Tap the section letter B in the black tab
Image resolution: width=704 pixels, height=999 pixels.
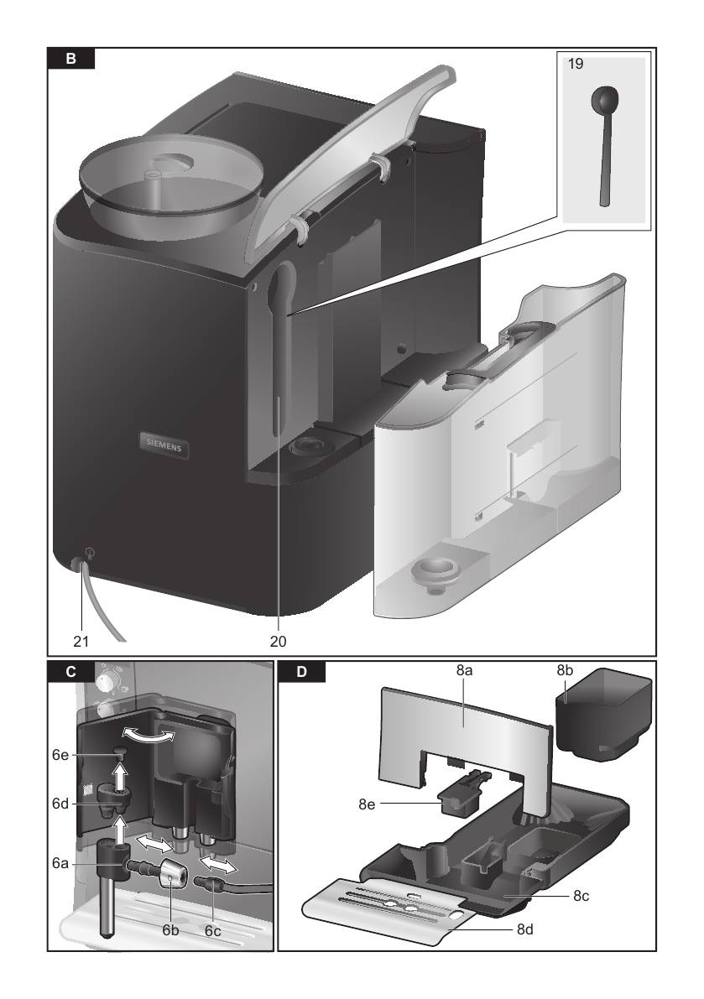70,59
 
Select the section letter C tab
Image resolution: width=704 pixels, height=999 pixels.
70,672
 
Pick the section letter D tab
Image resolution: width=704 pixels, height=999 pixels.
302,672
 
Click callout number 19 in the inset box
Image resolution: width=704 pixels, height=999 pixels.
576,64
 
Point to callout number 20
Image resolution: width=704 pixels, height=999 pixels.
279,641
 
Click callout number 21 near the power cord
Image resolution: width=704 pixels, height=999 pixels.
81,641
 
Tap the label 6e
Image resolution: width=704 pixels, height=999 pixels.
60,755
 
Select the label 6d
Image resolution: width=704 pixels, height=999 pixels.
60,804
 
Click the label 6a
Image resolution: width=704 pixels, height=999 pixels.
60,864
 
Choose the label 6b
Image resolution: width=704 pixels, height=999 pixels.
170,930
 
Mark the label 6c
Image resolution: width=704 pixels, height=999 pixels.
213,931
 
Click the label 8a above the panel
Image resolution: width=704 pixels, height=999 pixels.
464,670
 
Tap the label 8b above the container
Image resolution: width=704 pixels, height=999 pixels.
565,670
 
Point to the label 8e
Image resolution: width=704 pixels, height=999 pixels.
367,804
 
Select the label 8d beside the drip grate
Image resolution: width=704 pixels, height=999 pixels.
525,929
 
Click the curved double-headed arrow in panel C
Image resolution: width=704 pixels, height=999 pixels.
147,736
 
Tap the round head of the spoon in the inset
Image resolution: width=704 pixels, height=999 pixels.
604,99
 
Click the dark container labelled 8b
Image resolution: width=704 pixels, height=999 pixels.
602,714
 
